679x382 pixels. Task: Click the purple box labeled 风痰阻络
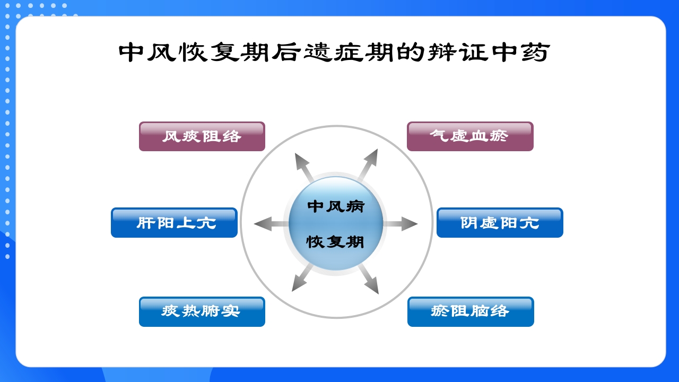point(202,136)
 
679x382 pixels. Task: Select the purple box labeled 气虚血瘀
point(470,136)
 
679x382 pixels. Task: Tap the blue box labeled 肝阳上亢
point(174,223)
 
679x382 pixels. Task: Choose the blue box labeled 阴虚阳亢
point(500,223)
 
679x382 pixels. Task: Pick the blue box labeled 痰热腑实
point(202,311)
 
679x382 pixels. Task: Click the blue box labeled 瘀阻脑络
point(471,311)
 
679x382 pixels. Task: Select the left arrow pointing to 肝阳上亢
point(269,224)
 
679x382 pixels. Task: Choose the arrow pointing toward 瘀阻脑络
point(369,280)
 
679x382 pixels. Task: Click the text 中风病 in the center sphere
point(336,206)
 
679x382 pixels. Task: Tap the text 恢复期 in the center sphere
point(336,242)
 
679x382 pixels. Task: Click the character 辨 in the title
point(442,53)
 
